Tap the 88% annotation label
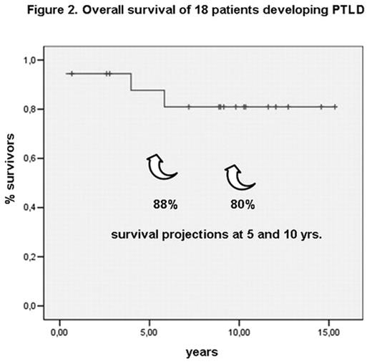click(165, 205)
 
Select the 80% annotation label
click(242, 205)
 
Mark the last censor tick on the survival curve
click(334, 107)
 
